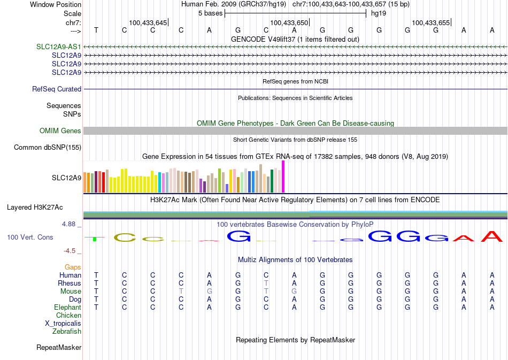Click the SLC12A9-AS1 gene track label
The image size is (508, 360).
(x=59, y=47)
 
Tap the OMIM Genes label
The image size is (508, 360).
(x=60, y=131)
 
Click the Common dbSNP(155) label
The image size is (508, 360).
(x=48, y=148)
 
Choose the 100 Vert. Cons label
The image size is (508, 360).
(x=30, y=237)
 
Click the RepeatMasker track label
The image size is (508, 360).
(x=59, y=348)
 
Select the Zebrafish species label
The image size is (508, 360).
(x=67, y=332)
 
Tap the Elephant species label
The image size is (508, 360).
(x=67, y=308)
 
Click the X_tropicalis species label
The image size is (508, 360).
(x=63, y=324)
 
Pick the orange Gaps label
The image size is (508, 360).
(x=73, y=267)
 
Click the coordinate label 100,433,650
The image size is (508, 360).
(x=289, y=22)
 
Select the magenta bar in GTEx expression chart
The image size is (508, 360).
(x=283, y=177)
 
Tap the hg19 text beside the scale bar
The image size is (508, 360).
(x=379, y=13)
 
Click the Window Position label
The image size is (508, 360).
(x=56, y=4)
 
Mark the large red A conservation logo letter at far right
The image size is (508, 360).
(x=492, y=236)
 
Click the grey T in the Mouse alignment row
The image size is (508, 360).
(x=181, y=292)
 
